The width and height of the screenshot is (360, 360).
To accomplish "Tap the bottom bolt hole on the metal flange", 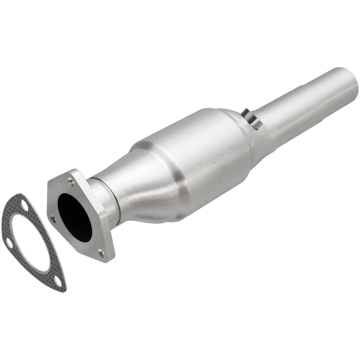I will pyautogui.click(x=101, y=254).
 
